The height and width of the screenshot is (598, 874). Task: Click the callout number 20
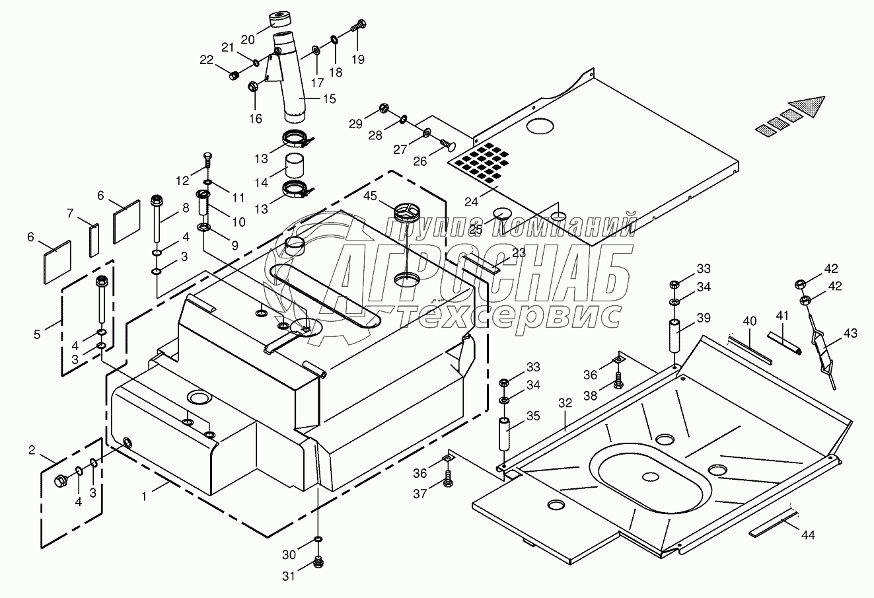coord(246,37)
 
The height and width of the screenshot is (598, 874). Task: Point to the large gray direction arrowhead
coord(806,106)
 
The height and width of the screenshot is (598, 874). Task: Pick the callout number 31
coord(289,576)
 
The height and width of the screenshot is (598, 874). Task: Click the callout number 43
coord(850,334)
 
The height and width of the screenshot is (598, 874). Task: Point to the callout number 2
coord(32,451)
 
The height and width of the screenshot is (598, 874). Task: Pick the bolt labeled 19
coord(359,27)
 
